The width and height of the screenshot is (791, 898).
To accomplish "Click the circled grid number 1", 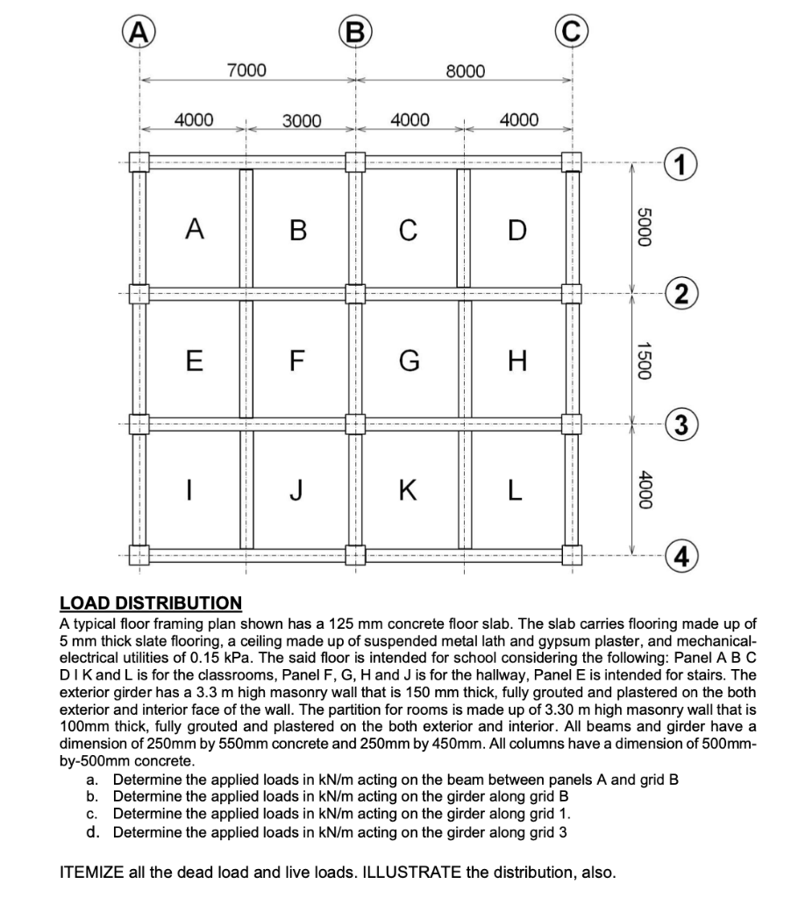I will click(681, 162).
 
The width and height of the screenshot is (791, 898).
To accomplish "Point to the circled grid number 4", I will click(681, 555).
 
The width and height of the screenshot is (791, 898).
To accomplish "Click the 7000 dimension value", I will click(246, 69).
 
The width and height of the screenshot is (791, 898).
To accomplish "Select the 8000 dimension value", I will click(464, 69).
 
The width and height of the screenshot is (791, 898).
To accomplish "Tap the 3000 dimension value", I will click(301, 120).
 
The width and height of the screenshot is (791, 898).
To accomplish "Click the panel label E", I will click(193, 359).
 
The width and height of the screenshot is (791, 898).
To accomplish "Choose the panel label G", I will click(409, 359).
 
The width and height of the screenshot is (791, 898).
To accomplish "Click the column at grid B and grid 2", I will click(355, 292).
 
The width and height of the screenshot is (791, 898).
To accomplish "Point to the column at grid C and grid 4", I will click(571, 554).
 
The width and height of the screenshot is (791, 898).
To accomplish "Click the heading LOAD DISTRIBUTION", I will click(150, 603).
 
